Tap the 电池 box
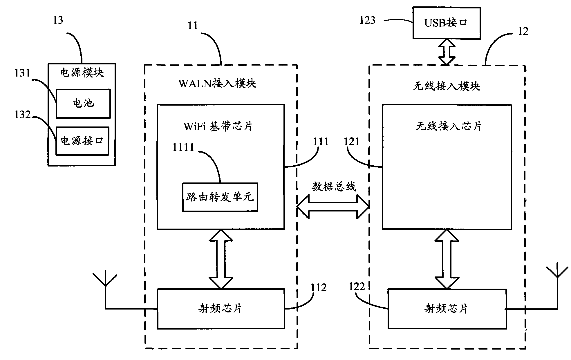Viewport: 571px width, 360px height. (x=83, y=104)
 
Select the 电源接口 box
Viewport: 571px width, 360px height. (x=82, y=141)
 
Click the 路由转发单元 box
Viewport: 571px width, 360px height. (x=220, y=197)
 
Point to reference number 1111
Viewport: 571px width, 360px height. (x=183, y=147)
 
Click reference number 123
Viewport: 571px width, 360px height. (x=367, y=20)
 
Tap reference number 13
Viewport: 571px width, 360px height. (x=58, y=20)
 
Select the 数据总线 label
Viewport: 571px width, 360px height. (x=334, y=187)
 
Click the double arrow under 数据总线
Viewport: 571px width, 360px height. (x=333, y=207)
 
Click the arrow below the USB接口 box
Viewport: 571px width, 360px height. (x=447, y=52)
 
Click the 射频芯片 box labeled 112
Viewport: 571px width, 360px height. (x=221, y=309)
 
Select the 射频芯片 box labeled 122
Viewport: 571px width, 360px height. (x=447, y=309)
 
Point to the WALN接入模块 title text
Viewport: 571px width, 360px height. (x=218, y=84)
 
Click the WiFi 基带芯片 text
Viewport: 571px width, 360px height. (x=218, y=126)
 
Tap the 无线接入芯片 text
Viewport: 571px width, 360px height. (x=448, y=126)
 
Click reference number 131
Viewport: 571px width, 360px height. (x=23, y=73)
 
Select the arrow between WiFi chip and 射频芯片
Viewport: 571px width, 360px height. (x=221, y=259)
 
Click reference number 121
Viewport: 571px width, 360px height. (x=352, y=142)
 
